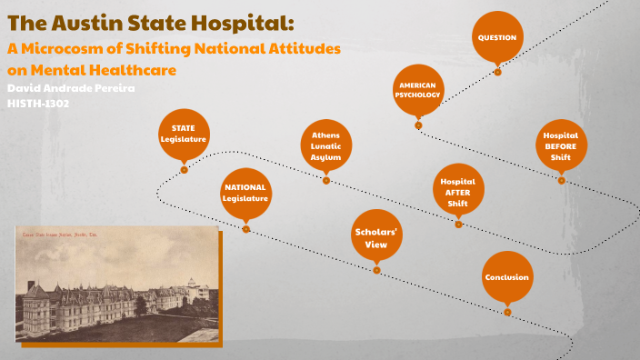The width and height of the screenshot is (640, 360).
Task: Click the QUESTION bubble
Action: point(497,37)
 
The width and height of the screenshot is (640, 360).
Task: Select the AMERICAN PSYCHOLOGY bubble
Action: point(418,90)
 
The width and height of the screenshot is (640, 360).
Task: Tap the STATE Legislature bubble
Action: point(184,135)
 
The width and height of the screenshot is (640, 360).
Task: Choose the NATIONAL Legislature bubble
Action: point(245,193)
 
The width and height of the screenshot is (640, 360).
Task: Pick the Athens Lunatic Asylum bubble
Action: point(325,145)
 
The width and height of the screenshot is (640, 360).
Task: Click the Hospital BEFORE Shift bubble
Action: point(561,146)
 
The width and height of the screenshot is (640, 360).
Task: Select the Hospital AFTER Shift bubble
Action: point(457,192)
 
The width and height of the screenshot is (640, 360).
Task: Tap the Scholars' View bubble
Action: point(376,237)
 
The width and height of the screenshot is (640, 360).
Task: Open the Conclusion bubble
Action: point(506,277)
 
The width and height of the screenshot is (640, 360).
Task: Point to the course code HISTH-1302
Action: point(38,104)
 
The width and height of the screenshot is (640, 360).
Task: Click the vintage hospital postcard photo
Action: point(117,284)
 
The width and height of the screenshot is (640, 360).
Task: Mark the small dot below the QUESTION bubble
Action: point(497,72)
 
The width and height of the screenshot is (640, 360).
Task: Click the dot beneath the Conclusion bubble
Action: point(507,312)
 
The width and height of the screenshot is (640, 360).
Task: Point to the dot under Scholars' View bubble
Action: point(376,270)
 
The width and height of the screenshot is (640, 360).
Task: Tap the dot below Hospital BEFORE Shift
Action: point(561,180)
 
